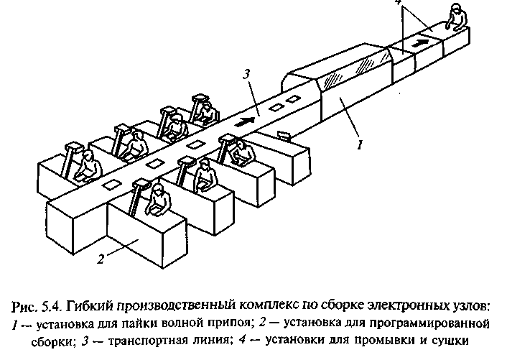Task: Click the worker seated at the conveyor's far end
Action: coord(453,15)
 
